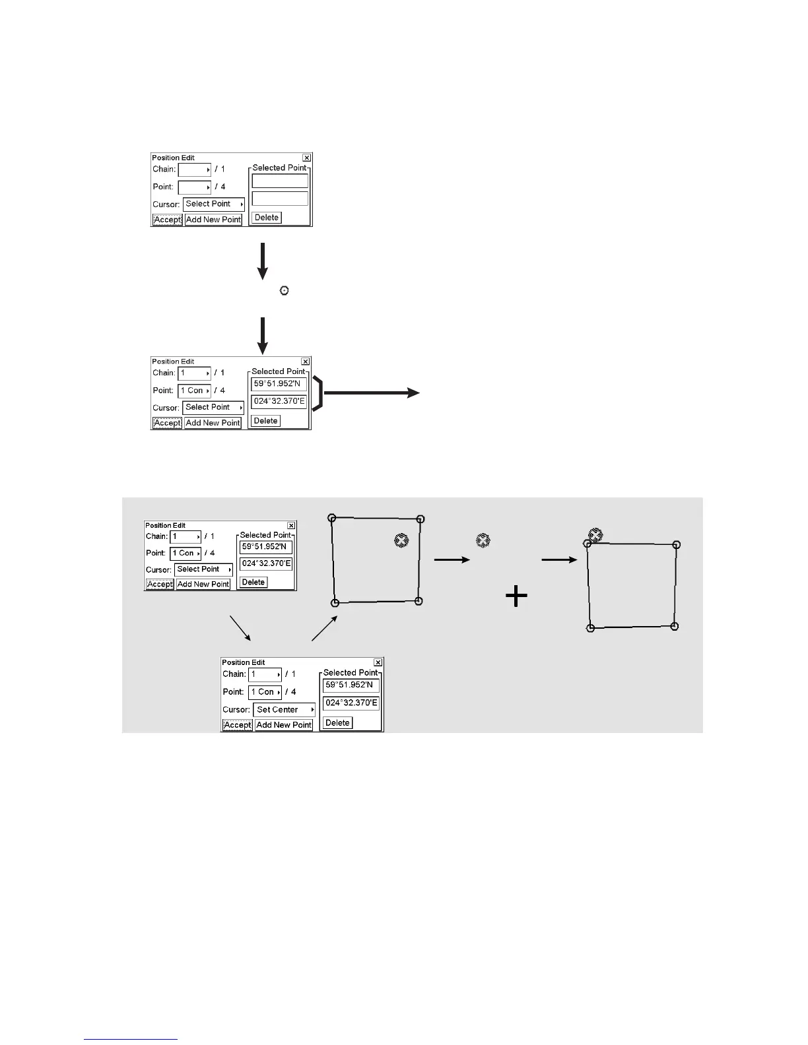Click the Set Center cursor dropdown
284,710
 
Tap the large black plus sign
516,597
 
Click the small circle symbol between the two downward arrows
285,290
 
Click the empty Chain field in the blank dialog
194,170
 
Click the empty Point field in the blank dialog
194,187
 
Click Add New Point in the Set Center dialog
283,725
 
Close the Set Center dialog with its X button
378,662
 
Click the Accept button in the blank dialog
167,220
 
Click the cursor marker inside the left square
401,540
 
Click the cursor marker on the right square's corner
595,535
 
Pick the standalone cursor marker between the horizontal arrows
483,540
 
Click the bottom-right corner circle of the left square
419,601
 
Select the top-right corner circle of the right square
676,545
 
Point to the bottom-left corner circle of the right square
591,628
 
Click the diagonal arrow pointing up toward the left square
324,628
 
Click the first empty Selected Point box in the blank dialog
280,181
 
